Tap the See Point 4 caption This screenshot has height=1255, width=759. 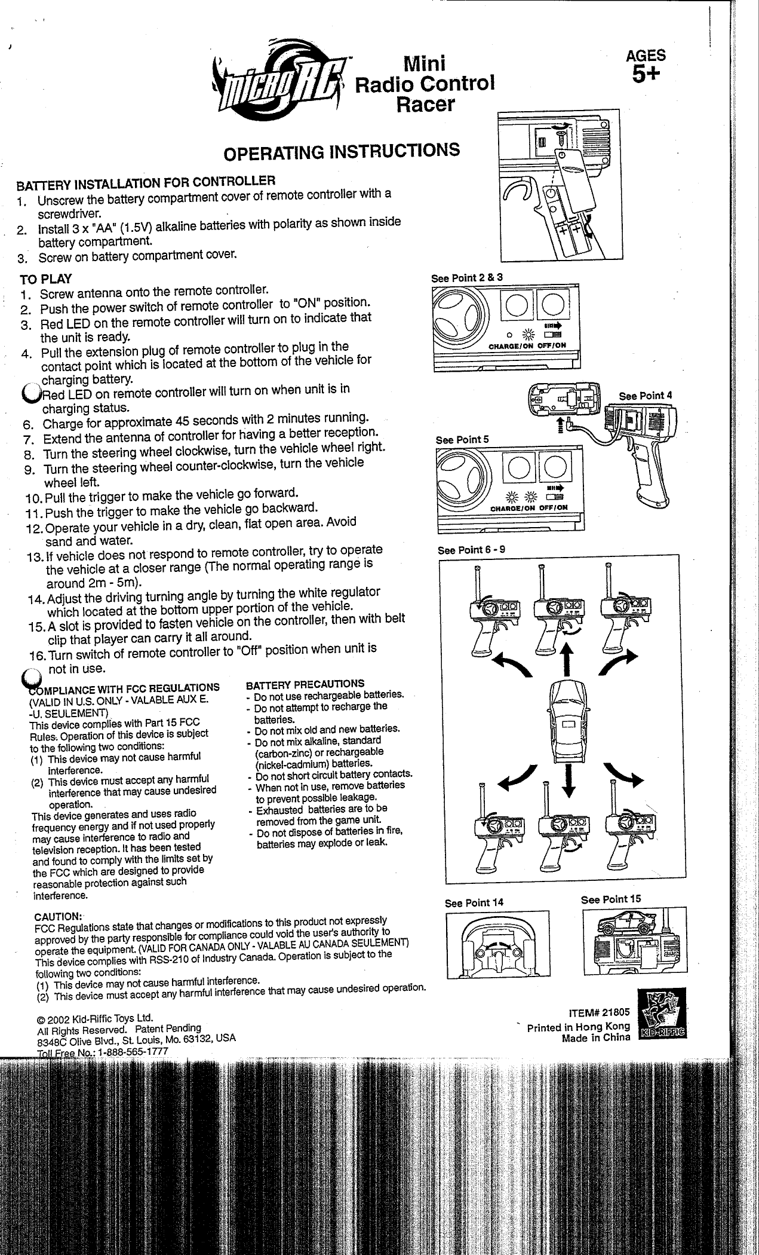coord(646,396)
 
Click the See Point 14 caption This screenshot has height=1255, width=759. coord(474,903)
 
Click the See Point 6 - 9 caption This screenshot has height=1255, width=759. coord(471,549)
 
